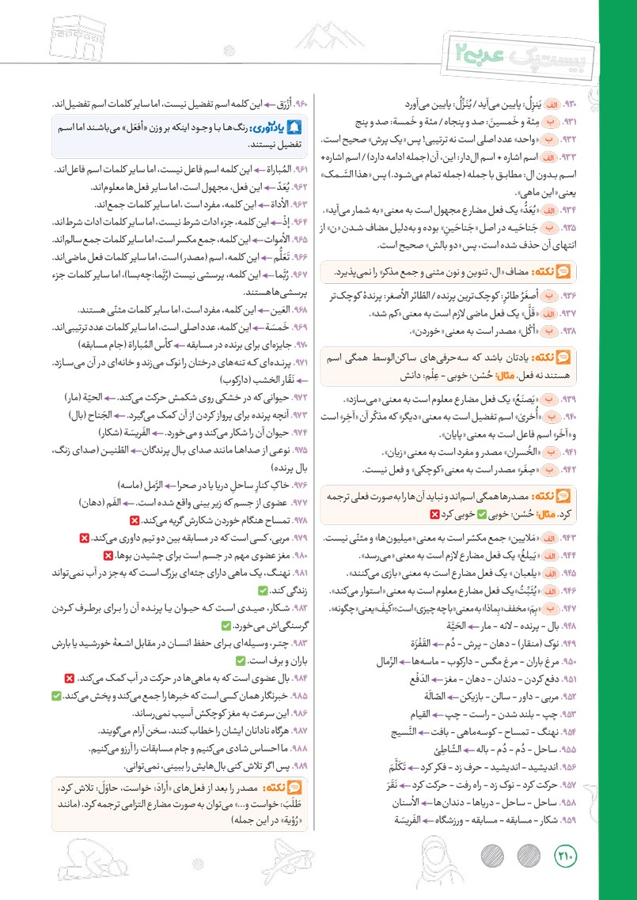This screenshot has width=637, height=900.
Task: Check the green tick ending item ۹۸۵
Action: point(55,695)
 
